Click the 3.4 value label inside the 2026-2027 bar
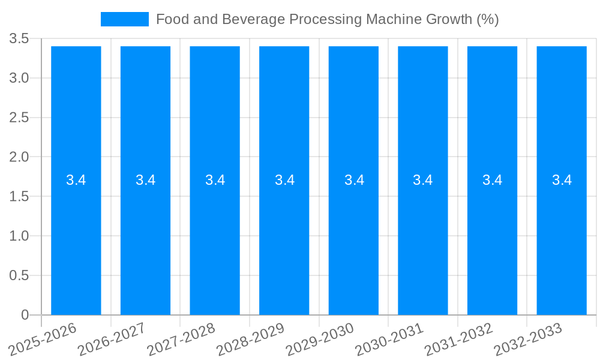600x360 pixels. coord(145,180)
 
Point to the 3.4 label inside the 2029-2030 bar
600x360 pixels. coord(354,180)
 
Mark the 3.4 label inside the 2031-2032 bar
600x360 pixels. coord(493,180)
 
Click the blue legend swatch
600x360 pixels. coord(125,19)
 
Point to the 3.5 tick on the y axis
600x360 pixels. coord(19,39)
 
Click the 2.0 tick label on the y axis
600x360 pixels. coord(19,157)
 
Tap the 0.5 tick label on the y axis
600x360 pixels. coord(19,275)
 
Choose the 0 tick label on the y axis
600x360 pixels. coord(25,315)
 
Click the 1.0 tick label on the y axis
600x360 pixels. coord(19,236)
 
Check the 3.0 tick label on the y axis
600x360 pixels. coord(19,78)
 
